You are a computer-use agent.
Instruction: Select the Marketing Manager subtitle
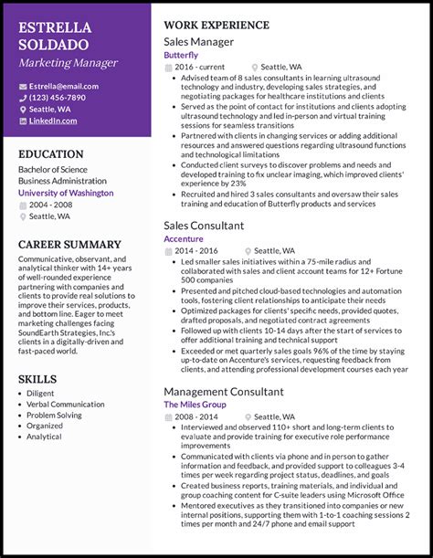(x=68, y=63)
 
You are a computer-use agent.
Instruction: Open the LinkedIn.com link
(x=53, y=121)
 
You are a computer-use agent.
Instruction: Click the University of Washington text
(x=66, y=193)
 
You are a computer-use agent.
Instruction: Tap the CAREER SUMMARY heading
(x=69, y=245)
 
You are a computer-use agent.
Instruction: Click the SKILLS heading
(x=37, y=378)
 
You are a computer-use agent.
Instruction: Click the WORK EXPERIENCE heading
(x=216, y=25)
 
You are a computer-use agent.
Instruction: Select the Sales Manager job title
(x=198, y=42)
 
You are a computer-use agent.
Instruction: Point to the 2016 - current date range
(x=201, y=67)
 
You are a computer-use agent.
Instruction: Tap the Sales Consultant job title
(x=204, y=226)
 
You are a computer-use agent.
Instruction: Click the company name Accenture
(x=184, y=238)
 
